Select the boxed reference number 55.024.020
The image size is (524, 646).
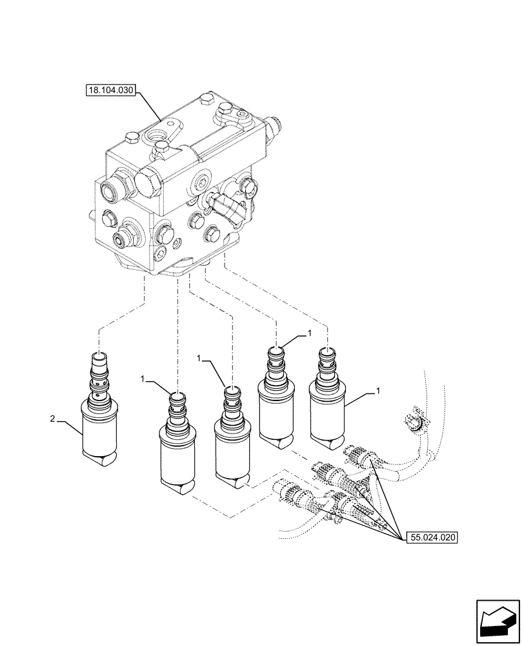point(431,536)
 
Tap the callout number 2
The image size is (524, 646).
point(52,420)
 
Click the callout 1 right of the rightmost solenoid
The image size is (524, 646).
point(376,391)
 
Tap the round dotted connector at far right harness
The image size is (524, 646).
point(411,424)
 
